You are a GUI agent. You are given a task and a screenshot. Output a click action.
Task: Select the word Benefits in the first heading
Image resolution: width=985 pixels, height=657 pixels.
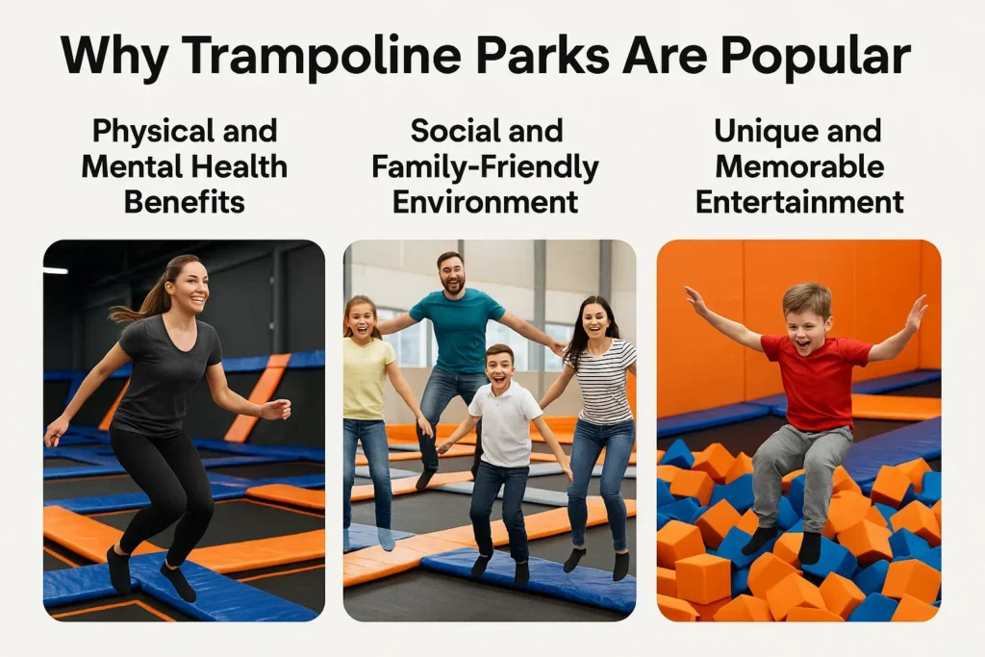184,202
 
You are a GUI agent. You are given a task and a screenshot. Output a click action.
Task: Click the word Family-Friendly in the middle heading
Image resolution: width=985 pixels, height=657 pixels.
485,167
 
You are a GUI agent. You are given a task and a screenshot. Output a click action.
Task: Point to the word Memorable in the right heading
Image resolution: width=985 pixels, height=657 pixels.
799,166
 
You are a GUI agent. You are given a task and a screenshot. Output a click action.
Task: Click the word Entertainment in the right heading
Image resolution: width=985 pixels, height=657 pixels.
799,202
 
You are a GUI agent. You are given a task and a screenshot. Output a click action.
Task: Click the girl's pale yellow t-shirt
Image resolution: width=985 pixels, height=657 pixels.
368,376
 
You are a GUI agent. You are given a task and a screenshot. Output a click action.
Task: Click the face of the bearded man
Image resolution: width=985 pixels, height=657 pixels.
450,275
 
